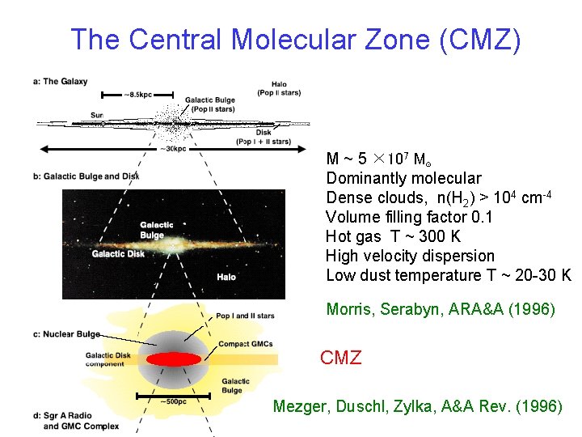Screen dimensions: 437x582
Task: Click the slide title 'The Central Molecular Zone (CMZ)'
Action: [x=295, y=39]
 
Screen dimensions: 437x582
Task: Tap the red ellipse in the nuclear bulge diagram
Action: [x=173, y=359]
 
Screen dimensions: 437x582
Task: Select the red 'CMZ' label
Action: [x=340, y=358]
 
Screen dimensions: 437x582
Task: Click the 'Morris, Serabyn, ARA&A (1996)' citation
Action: [x=441, y=309]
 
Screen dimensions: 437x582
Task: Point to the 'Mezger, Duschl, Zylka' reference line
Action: [x=417, y=406]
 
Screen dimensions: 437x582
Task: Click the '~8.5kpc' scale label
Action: [x=138, y=95]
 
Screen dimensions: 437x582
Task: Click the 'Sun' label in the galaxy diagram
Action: [x=97, y=115]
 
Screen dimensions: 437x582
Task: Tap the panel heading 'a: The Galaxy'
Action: [x=61, y=82]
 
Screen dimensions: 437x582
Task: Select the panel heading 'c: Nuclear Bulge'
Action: [x=67, y=333]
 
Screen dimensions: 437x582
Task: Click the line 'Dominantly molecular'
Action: [x=403, y=178]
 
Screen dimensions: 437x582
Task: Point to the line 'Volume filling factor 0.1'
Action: [x=409, y=217]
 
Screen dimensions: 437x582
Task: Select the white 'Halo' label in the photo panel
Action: [x=226, y=277]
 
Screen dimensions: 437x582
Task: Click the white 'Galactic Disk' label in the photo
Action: [x=118, y=253]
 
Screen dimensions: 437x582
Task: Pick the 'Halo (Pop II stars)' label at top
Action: [x=278, y=88]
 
